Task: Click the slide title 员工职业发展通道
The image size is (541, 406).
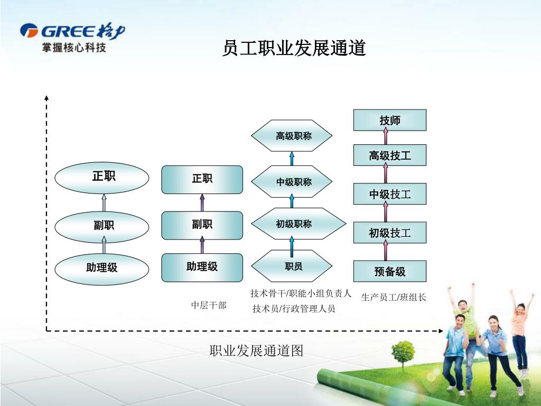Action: [294, 49]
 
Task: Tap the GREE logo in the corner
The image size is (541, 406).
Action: [72, 38]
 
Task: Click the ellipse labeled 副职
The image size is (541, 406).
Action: [104, 227]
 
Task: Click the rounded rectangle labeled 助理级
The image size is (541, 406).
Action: [202, 267]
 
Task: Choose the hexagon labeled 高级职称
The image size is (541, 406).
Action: [292, 136]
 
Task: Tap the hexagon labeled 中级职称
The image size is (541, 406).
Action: [292, 182]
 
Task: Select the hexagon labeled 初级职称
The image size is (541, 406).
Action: [292, 224]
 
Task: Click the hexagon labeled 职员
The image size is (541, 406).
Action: [292, 266]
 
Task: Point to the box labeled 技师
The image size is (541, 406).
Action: [390, 121]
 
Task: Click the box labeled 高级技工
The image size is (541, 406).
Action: [390, 155]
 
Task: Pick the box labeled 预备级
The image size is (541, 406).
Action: [390, 272]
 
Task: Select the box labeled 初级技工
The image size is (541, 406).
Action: [390, 233]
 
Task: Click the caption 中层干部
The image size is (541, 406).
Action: [209, 305]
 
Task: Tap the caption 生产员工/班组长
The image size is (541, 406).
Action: [394, 297]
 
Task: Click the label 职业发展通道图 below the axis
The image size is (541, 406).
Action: [256, 350]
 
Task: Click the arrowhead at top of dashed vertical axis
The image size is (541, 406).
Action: [46, 97]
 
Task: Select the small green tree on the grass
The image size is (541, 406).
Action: [404, 352]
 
